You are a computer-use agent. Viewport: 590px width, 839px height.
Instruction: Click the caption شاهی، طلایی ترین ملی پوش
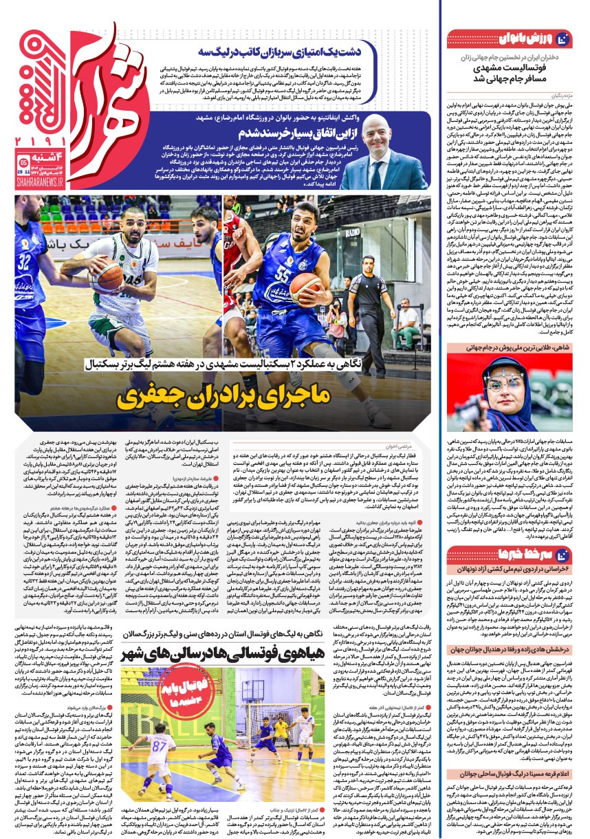point(509,348)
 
